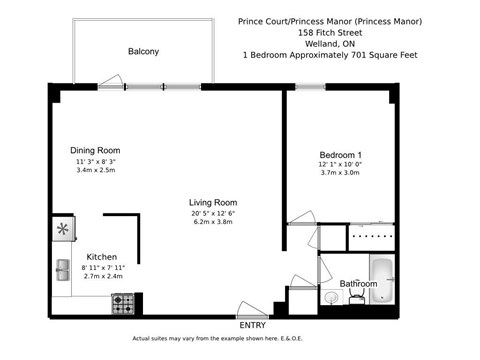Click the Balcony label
(x=143, y=51)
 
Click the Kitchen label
(x=103, y=257)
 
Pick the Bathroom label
(x=358, y=284)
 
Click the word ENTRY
(x=253, y=325)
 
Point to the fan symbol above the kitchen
(x=63, y=230)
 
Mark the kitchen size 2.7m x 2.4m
(x=103, y=276)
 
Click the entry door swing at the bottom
(x=247, y=307)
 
